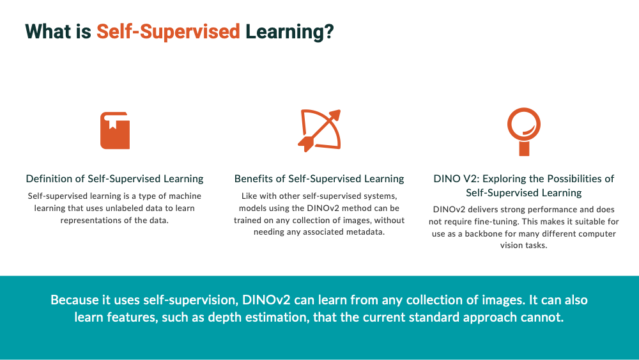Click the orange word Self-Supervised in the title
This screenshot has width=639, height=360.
coord(168,32)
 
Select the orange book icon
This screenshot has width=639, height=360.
coord(115,130)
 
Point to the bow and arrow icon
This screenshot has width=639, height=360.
coord(319,130)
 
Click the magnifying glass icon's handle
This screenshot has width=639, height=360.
coord(524,148)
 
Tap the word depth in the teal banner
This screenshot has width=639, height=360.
coord(219,317)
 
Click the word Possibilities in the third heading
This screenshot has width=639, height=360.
coord(575,178)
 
